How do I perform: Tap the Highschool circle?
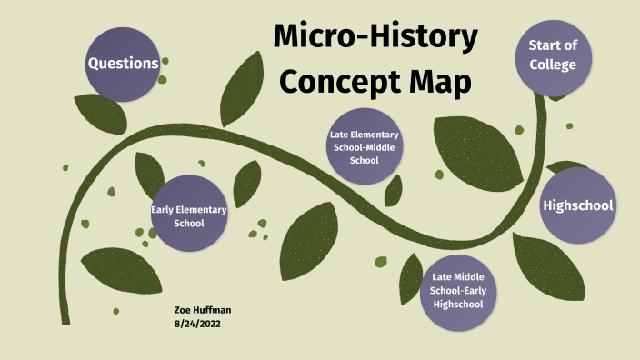tap(578, 205)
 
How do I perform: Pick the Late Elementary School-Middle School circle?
tap(364, 146)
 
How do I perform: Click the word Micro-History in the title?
tap(375, 37)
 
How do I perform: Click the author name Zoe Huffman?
tap(203, 310)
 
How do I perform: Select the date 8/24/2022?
tap(197, 323)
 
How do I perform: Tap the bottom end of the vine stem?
tap(65, 319)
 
